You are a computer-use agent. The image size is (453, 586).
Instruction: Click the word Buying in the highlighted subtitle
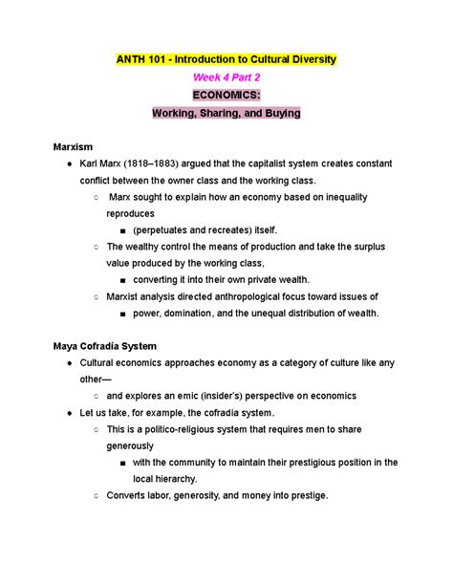click(278, 114)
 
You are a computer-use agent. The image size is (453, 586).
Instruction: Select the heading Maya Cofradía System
click(105, 345)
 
